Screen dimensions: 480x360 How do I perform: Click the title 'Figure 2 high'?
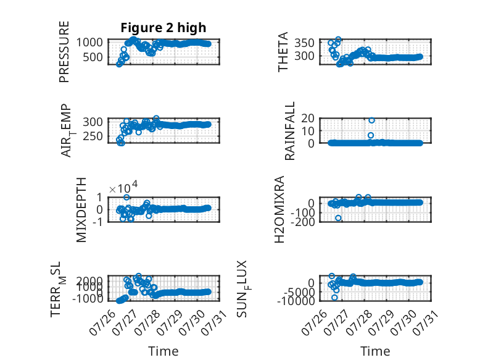pos(163,28)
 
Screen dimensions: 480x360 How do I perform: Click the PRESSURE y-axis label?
pos(64,52)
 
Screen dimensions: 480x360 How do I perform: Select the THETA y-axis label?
pos(283,52)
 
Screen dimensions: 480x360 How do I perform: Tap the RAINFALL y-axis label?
pos(289,131)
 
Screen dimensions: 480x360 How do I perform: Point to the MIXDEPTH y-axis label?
pos(81,210)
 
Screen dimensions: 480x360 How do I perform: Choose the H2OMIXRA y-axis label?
pos(279,209)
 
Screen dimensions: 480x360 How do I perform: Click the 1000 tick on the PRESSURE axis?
pos(89,42)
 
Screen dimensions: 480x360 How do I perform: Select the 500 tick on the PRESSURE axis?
pos(93,57)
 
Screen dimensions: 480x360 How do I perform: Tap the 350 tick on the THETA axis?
pos(304,43)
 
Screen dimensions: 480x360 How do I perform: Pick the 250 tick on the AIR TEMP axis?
pos(93,136)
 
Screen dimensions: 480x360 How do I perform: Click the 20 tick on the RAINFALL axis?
pos(308,118)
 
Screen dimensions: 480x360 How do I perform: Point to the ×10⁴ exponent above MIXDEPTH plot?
pos(123,188)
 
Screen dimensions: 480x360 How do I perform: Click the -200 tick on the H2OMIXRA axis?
pos(303,222)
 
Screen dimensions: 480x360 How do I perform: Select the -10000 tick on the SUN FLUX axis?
pos(296,301)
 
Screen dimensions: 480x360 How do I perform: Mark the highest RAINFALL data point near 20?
pos(371,120)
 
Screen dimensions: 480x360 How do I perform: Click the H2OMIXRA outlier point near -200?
pos(338,218)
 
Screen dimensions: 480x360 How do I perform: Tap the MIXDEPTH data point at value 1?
pos(126,198)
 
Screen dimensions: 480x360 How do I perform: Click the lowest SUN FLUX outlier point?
pos(334,298)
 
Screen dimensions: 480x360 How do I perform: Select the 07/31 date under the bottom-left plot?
pos(217,321)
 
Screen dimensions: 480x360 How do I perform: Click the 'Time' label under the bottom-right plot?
pos(375,351)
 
